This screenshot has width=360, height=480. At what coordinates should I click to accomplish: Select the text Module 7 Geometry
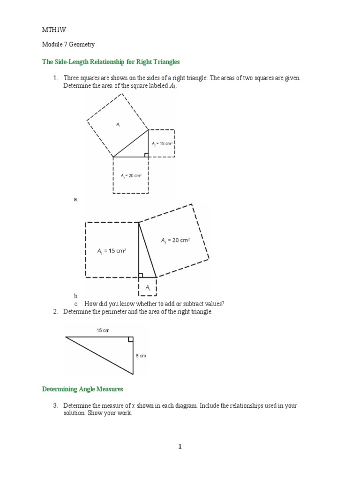[x=68, y=45]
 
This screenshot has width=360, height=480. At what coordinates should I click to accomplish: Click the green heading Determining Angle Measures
[x=82, y=389]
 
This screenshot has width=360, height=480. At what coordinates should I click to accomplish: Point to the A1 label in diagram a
[x=119, y=124]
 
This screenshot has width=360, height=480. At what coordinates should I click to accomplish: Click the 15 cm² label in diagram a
[x=162, y=143]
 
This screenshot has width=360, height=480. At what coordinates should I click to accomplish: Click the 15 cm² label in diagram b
[x=112, y=251]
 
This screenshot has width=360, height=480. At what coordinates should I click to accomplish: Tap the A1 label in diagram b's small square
[x=148, y=287]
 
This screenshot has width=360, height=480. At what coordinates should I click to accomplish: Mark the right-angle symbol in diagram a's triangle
[x=146, y=154]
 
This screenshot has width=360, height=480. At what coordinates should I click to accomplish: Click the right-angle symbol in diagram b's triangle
[x=141, y=275]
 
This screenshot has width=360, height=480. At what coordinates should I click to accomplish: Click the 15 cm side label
[x=103, y=330]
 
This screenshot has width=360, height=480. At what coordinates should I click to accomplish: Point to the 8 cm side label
[x=141, y=356]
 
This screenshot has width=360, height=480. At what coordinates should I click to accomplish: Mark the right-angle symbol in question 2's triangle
[x=130, y=339]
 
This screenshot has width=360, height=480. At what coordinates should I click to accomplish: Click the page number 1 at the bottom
[x=180, y=447]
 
